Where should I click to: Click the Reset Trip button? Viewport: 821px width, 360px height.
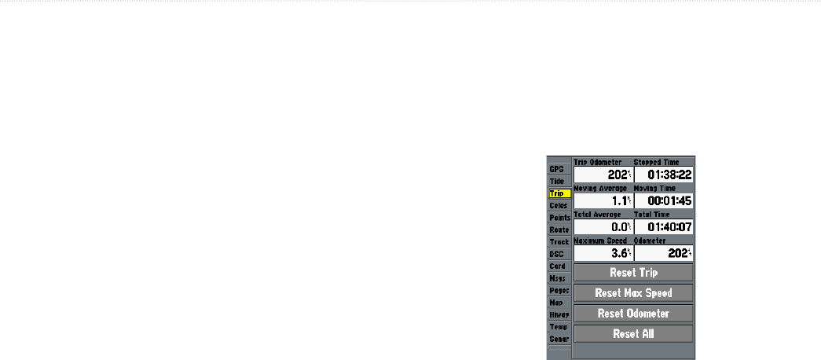(633, 273)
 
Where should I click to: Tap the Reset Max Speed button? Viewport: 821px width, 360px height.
(633, 293)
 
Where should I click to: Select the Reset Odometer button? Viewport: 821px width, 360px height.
(633, 313)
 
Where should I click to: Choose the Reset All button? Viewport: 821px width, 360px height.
(633, 333)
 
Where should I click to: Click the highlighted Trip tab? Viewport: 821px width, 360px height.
(559, 193)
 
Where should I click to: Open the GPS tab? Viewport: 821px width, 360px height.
(559, 169)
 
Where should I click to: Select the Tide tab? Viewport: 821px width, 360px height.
(559, 181)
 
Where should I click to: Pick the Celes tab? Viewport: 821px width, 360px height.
(559, 205)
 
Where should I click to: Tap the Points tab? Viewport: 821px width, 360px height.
(559, 218)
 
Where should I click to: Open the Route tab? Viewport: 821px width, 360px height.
(559, 230)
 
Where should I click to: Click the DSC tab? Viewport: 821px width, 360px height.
(559, 254)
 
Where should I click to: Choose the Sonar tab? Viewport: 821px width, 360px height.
(559, 339)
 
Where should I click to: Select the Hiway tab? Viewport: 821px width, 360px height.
(559, 314)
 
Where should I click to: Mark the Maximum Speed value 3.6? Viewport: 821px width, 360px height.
(603, 253)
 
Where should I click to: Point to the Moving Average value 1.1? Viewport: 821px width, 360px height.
(603, 200)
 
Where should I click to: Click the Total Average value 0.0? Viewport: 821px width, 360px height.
(603, 226)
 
